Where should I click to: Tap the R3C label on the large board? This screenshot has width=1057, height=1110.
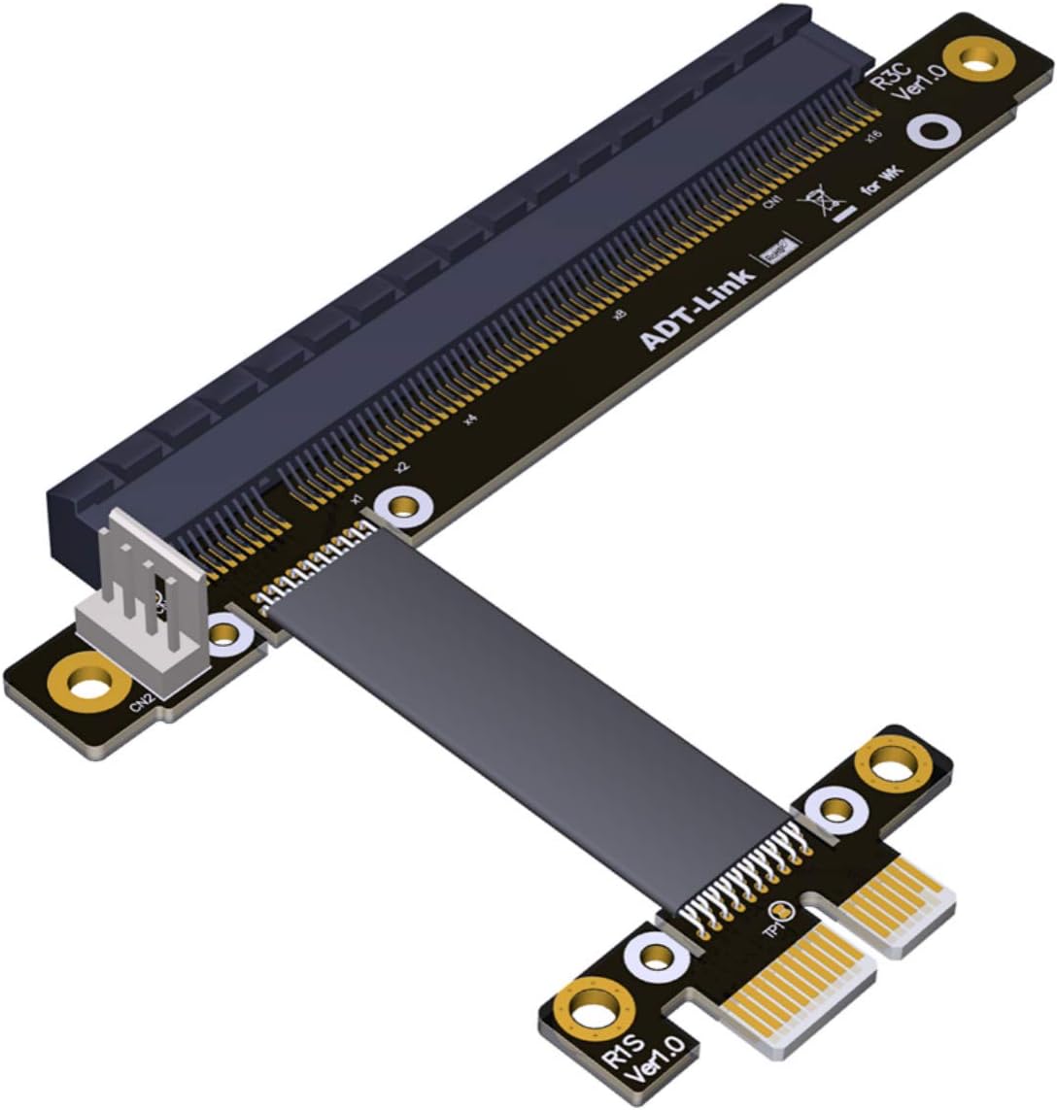(887, 73)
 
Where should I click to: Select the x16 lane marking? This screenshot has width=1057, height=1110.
(873, 137)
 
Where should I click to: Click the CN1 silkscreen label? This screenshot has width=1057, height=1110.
(772, 202)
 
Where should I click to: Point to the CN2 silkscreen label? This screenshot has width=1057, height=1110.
(142, 700)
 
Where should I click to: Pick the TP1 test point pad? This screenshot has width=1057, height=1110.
(783, 912)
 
